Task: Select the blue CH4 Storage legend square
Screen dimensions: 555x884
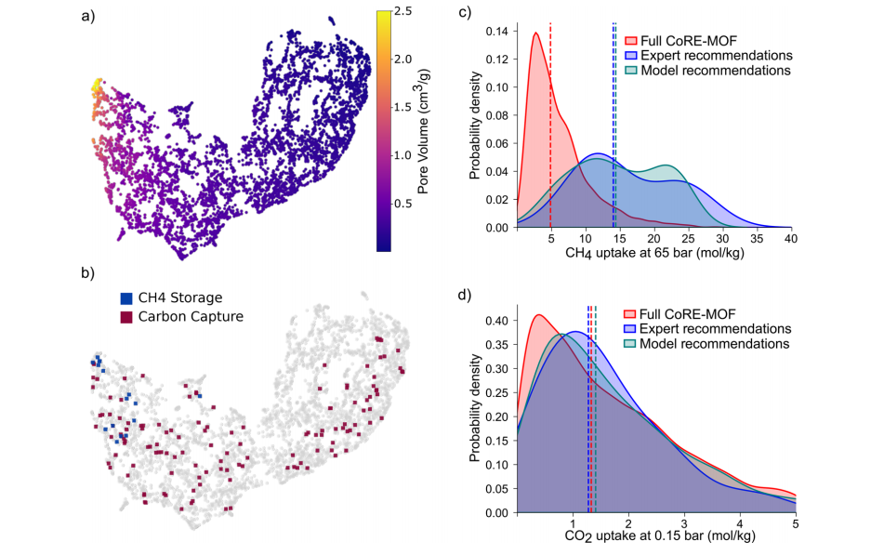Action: [126, 298]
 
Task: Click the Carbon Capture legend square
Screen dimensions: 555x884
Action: [126, 317]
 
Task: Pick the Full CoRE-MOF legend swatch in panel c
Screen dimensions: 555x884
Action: [630, 41]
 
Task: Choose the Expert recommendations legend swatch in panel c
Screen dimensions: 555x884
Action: [630, 55]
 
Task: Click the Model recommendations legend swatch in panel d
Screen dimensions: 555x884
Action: [630, 343]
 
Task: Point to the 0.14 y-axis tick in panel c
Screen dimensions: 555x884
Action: [497, 31]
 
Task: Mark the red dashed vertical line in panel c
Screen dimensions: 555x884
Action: [551, 139]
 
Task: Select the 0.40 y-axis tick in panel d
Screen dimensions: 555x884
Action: [497, 320]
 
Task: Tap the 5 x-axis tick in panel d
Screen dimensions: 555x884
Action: [796, 522]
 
